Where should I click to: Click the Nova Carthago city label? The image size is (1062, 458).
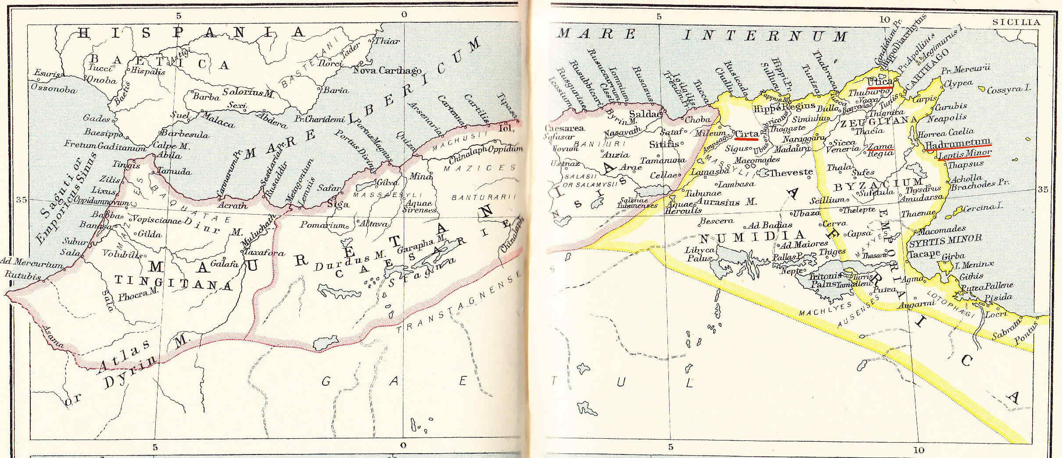(387, 70)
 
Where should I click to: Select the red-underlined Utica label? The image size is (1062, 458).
(880, 82)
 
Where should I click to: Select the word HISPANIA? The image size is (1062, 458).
(193, 32)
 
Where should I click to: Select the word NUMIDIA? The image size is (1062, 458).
(751, 238)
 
